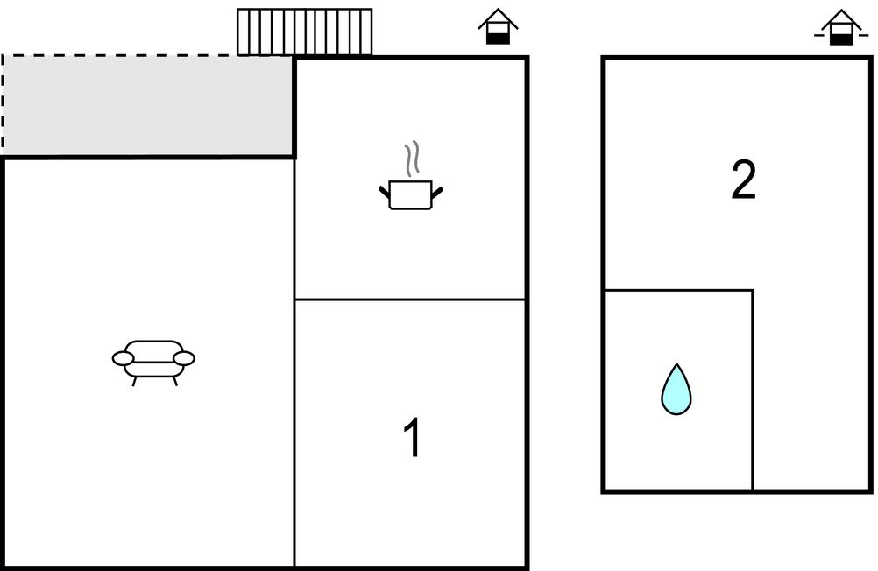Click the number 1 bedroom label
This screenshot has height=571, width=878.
pyautogui.click(x=412, y=438)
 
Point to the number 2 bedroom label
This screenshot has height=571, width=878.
pyautogui.click(x=744, y=180)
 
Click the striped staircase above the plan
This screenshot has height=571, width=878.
pyautogui.click(x=305, y=32)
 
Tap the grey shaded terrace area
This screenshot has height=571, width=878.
pyautogui.click(x=148, y=105)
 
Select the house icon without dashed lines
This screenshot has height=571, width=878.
pyautogui.click(x=498, y=26)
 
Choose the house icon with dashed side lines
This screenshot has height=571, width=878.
pyautogui.click(x=841, y=27)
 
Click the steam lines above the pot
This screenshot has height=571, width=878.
pyautogui.click(x=412, y=159)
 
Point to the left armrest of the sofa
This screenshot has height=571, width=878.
pyautogui.click(x=124, y=358)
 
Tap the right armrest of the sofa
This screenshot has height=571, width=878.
pyautogui.click(x=184, y=358)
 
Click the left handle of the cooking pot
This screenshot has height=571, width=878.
pyautogui.click(x=385, y=192)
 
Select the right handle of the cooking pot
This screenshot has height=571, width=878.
pyautogui.click(x=437, y=192)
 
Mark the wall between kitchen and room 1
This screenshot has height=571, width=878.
pyautogui.click(x=410, y=300)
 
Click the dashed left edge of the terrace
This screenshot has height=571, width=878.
pyautogui.click(x=3, y=105)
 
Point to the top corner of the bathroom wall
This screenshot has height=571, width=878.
pyautogui.click(x=753, y=290)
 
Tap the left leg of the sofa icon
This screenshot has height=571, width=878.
pyautogui.click(x=134, y=381)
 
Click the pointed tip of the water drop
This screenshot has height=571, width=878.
pyautogui.click(x=677, y=363)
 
